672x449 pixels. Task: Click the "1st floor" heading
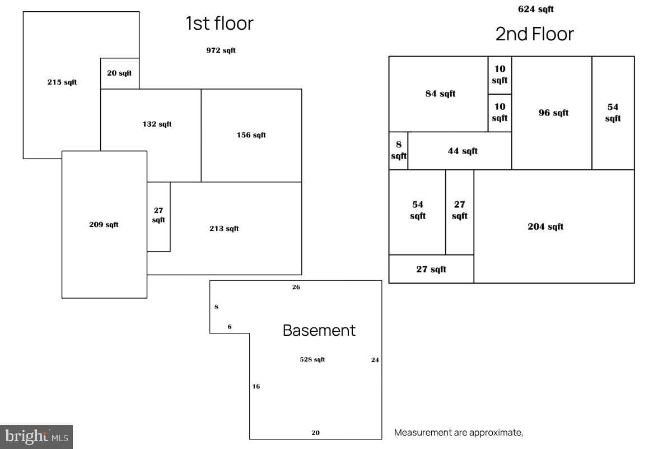coord(220,23)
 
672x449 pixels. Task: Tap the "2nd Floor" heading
coord(535,34)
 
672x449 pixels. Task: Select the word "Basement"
coord(319,330)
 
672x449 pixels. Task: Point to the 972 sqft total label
coord(221,50)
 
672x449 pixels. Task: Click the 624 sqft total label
coord(536,9)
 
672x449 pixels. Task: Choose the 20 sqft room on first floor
coord(119,73)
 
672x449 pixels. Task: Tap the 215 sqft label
coord(62,82)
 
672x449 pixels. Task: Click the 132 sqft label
coord(157,124)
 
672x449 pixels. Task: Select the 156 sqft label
coord(251,135)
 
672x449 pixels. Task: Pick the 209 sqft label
coord(104,224)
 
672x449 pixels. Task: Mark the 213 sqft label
coord(224,228)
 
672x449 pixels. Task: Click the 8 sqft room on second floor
coord(399,150)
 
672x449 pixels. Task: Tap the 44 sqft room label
coord(463,151)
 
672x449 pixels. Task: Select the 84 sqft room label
coord(440,94)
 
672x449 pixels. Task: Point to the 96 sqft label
coord(553,113)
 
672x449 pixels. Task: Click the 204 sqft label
coord(545,226)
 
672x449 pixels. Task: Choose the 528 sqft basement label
coord(312,359)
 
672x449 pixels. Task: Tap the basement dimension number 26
coord(296,287)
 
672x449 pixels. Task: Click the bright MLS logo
coord(36,437)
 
